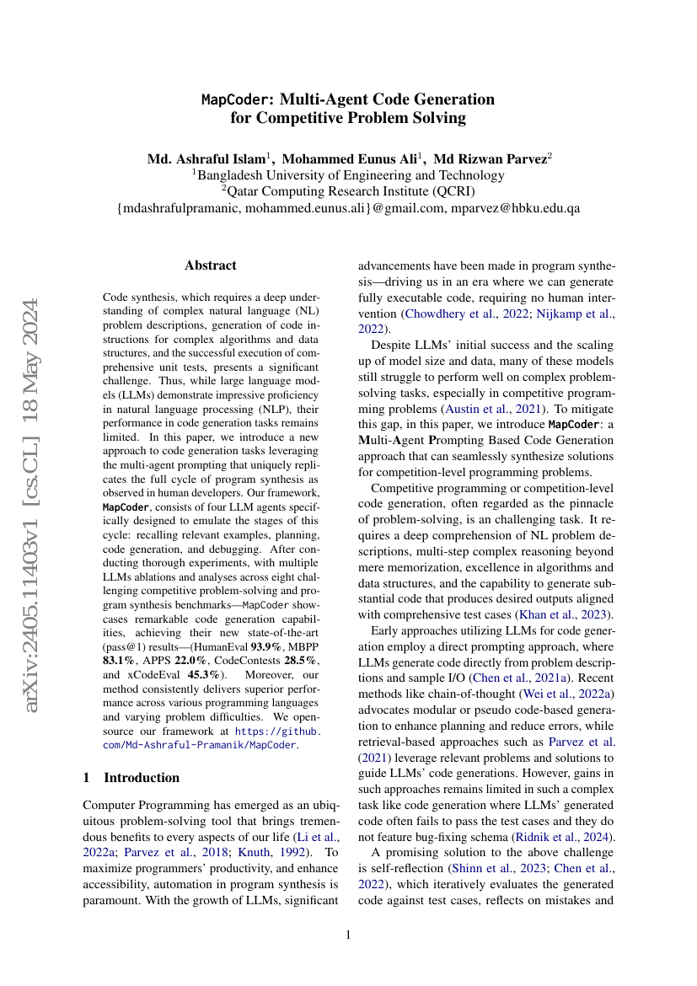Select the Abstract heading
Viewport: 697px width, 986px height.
pos(211,265)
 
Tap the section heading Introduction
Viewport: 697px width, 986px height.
pos(142,777)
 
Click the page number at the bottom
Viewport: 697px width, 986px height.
pos(348,935)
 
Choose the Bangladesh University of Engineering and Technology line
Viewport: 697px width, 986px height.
pos(348,175)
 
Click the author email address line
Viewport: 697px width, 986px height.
pos(348,207)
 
